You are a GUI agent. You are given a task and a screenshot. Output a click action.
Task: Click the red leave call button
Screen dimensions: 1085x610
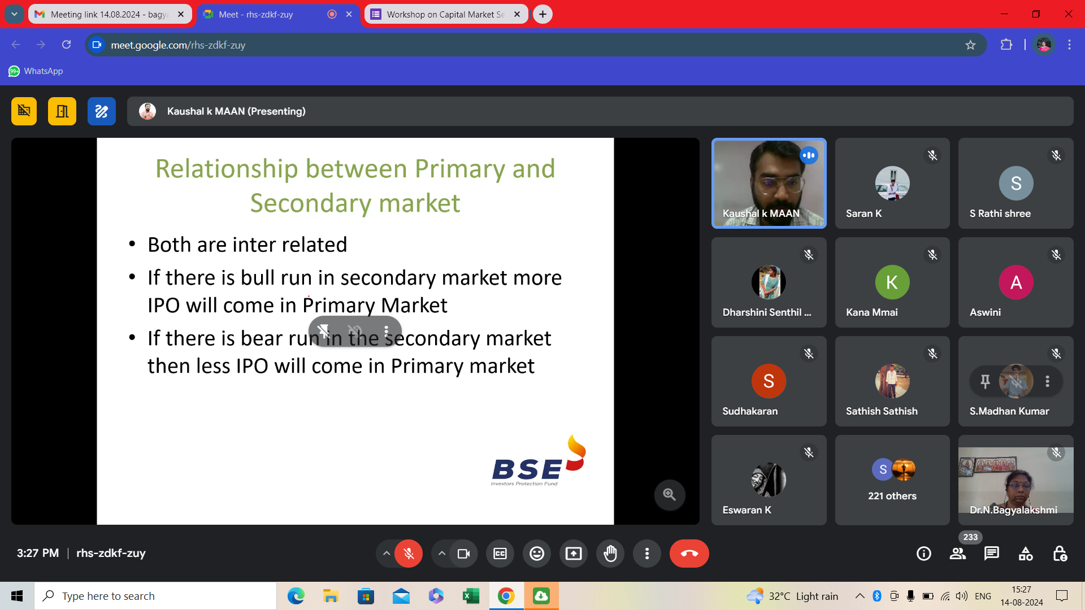689,554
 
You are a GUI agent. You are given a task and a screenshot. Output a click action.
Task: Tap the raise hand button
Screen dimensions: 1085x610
610,554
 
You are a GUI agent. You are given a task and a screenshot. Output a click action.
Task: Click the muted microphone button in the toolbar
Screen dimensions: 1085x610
409,554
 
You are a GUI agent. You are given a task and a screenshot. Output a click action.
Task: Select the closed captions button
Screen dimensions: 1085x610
500,554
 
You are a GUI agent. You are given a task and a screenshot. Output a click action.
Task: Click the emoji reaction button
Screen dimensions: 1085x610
537,554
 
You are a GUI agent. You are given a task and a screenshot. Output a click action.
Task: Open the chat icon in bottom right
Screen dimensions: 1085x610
992,554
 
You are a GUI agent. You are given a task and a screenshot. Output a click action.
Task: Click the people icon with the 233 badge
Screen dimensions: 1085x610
958,554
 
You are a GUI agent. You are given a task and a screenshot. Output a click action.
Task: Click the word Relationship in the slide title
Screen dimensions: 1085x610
227,169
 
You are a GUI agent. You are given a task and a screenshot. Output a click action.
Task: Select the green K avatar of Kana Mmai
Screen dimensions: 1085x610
892,282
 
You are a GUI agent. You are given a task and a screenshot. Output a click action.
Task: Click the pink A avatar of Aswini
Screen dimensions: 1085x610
1016,282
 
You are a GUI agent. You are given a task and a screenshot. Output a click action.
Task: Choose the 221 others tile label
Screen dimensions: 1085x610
892,496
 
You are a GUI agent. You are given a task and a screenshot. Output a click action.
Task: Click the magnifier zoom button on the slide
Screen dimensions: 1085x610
670,495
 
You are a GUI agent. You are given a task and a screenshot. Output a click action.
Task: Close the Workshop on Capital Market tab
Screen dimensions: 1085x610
517,15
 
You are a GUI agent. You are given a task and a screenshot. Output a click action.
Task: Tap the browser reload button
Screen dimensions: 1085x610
66,45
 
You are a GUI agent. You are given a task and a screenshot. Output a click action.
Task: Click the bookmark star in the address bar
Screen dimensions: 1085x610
970,45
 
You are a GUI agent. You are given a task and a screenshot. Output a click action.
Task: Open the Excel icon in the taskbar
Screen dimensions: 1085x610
471,596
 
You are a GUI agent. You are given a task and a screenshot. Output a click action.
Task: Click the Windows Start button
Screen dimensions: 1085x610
17,596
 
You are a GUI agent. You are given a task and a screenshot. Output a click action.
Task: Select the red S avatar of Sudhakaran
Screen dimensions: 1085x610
769,381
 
